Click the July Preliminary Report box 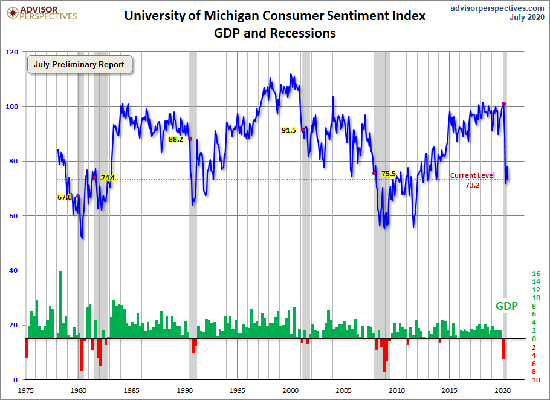pos(79,65)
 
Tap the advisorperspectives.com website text pos(497,8)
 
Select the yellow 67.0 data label pos(64,197)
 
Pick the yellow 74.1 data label pos(108,178)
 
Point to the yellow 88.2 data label pos(175,139)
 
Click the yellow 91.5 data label pos(288,130)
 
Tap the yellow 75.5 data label pos(389,174)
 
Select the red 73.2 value pos(472,185)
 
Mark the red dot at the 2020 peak pos(503,103)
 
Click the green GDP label pos(506,306)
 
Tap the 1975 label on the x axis pos(25,390)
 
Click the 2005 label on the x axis pos(344,390)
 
